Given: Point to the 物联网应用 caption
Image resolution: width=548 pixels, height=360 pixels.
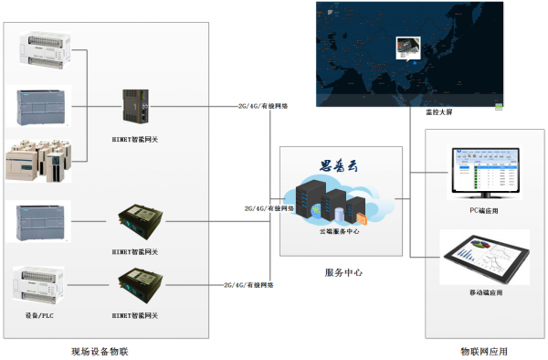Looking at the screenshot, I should point(484,351).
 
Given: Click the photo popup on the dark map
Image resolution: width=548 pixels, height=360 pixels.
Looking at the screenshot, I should point(406,48).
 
